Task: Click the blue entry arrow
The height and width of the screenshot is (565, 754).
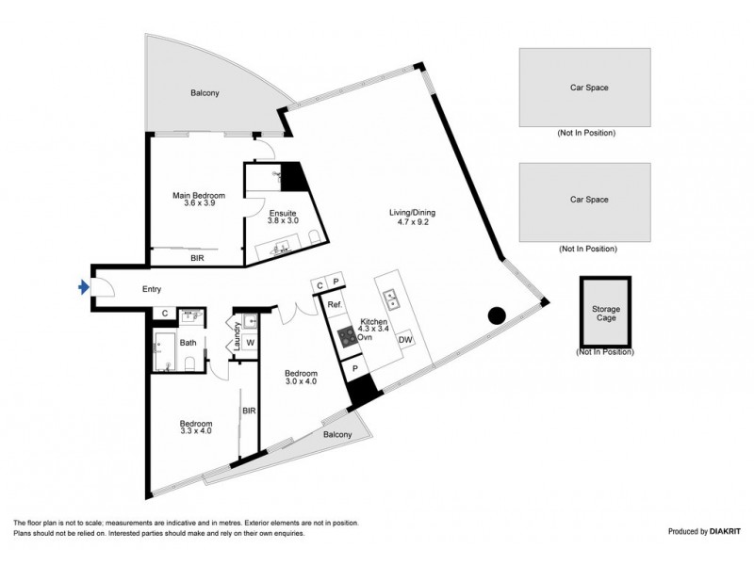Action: pos(85,288)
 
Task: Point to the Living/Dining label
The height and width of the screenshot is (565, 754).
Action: pos(413,218)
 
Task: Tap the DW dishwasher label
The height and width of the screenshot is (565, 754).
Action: pos(405,340)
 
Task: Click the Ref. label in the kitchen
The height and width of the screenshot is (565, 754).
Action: pos(334,305)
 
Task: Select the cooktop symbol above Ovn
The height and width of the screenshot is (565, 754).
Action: pos(348,334)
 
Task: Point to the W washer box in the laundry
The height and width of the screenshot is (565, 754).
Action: pos(251,343)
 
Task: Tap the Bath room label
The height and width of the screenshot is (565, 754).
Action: pos(188,343)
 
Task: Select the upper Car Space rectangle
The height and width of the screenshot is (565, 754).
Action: pos(584,88)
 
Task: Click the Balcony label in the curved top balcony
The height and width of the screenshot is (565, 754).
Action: pos(205,92)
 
